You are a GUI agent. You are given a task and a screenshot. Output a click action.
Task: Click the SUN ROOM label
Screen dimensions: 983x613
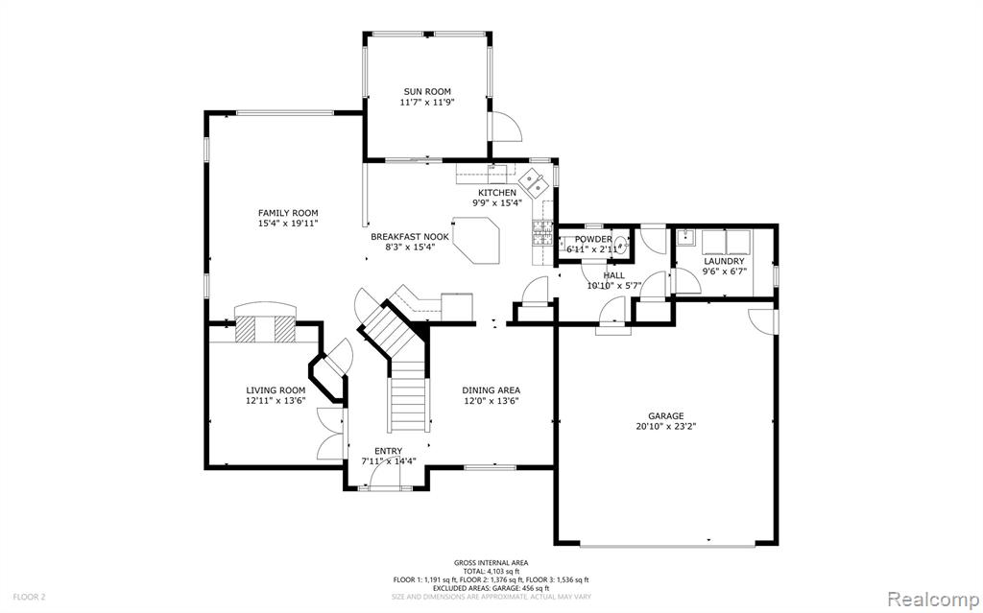[427, 91]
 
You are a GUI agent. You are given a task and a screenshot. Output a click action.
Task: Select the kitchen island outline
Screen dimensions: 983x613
[476, 240]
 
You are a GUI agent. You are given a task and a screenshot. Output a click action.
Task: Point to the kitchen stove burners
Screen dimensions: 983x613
[542, 232]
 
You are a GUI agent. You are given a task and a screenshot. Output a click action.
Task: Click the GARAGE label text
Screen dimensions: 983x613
[666, 415]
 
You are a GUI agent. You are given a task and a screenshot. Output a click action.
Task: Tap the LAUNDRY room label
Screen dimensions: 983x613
[724, 261]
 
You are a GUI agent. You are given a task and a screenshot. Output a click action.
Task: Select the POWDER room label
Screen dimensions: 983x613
[593, 240]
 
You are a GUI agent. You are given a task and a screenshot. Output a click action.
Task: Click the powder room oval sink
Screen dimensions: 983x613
[620, 245]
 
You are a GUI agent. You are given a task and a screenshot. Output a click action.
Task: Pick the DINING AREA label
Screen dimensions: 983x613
[491, 390]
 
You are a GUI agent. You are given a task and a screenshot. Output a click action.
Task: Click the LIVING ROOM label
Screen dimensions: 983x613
[276, 390]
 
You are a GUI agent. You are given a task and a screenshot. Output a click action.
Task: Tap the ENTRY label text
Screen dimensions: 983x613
[388, 451]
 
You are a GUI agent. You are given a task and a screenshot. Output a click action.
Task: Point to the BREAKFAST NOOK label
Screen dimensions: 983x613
[410, 237]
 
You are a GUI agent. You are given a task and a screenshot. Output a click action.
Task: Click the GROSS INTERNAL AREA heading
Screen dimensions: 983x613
[491, 563]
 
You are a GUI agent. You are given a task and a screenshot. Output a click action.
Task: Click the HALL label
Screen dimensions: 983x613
[613, 275]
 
